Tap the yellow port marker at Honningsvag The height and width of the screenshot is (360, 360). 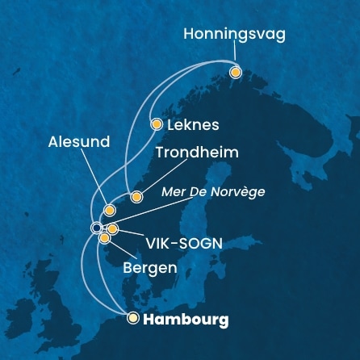[236, 73]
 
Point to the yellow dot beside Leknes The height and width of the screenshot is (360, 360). [157, 124]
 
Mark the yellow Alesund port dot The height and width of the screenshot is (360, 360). [110, 210]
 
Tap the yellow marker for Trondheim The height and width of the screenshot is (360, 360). [136, 196]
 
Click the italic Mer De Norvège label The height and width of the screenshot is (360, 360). [213, 192]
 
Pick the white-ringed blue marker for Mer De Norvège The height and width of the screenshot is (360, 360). [97, 227]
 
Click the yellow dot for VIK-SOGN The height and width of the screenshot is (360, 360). [113, 229]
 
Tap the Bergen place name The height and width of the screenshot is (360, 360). [150, 266]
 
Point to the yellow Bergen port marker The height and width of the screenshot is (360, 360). [104, 237]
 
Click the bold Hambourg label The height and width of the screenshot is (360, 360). [186, 320]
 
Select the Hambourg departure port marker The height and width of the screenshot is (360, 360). [133, 318]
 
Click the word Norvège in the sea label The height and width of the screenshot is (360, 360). [241, 192]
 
